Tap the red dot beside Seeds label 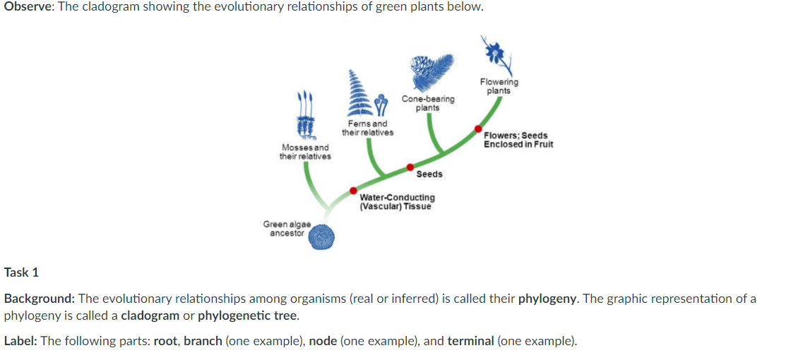click(x=410, y=167)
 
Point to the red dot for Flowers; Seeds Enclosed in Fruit click(x=478, y=128)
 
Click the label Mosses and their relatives click(x=305, y=152)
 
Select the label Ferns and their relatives click(x=368, y=128)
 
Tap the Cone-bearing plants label click(x=428, y=103)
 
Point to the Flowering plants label click(x=499, y=86)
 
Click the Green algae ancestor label click(x=287, y=228)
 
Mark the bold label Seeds click(x=429, y=174)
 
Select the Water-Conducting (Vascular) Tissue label click(x=397, y=202)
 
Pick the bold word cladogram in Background click(x=150, y=315)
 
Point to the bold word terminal click(x=470, y=341)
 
